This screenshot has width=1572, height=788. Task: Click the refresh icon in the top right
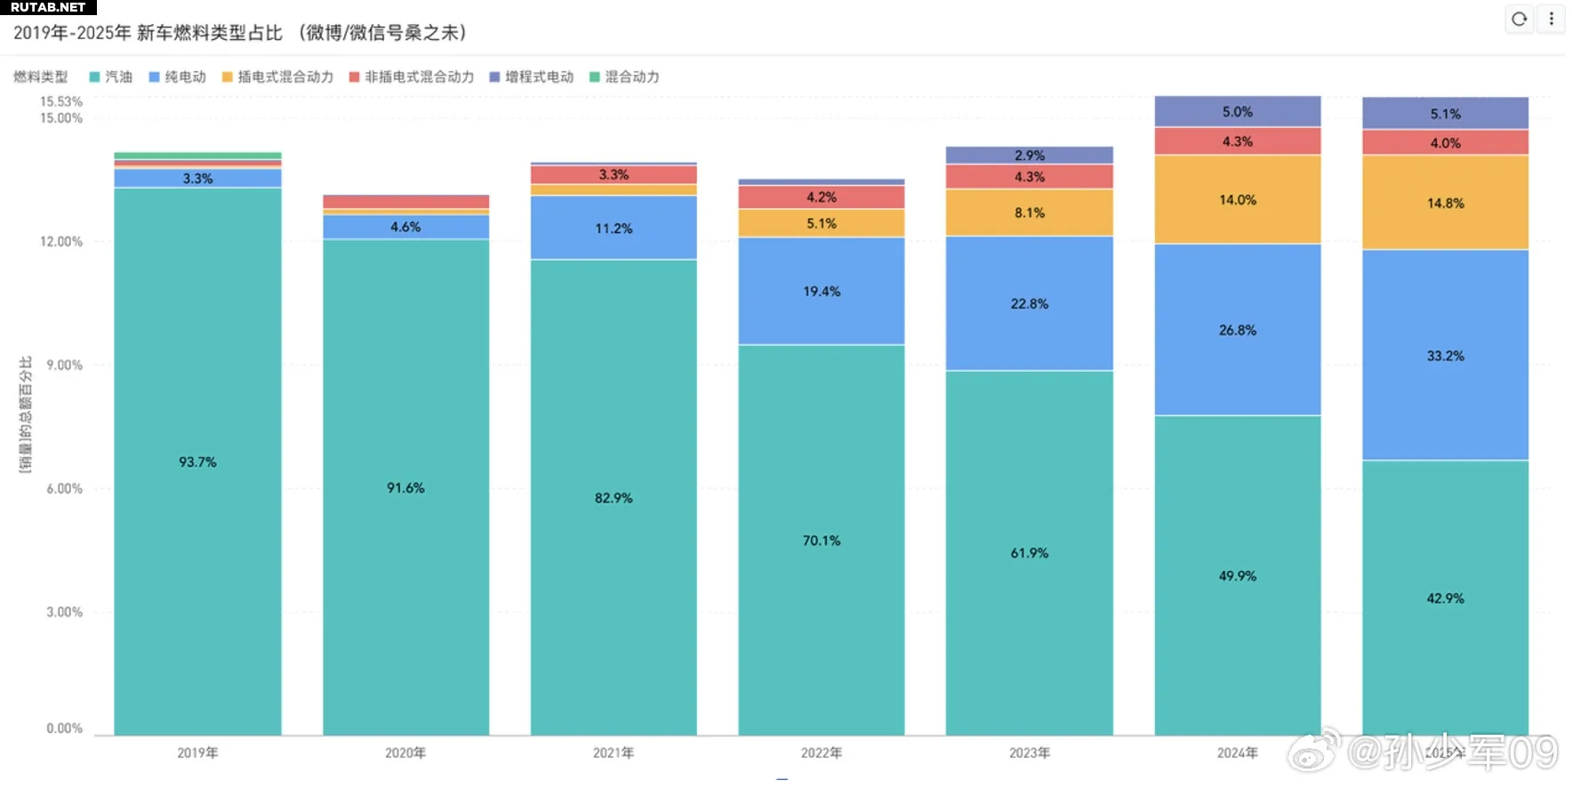(1519, 19)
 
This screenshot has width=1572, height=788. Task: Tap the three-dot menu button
(1552, 19)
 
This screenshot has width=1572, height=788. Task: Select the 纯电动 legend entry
(177, 77)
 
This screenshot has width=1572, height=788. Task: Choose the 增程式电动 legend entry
(531, 77)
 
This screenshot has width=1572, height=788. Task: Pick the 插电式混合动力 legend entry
(277, 77)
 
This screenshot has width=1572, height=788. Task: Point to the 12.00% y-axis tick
(60, 242)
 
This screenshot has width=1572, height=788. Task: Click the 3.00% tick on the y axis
(64, 612)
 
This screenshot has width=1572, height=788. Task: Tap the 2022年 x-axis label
(821, 753)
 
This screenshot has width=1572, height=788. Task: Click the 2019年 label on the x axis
(197, 753)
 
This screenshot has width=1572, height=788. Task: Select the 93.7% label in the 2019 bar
(197, 462)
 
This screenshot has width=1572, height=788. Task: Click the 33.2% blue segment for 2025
(1445, 356)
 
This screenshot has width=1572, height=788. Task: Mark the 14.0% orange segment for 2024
(1237, 200)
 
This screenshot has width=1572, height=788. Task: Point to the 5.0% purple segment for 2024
(1237, 112)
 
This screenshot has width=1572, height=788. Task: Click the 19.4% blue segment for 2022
(821, 292)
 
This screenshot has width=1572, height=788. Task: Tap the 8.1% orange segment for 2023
(1029, 213)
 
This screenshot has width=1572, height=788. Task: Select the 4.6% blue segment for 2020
(405, 227)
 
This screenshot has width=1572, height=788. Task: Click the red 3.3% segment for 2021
(614, 174)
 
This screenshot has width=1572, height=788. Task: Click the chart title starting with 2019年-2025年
(240, 33)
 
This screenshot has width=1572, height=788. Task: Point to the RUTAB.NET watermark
(48, 7)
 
